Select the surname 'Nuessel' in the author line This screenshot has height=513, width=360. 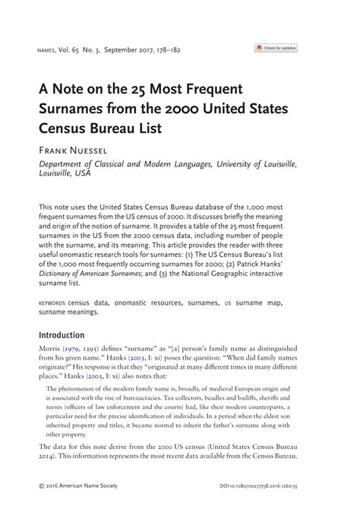coord(94,150)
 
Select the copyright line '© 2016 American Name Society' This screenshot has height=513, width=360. coord(80,483)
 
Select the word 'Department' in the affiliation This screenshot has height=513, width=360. coord(63,163)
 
